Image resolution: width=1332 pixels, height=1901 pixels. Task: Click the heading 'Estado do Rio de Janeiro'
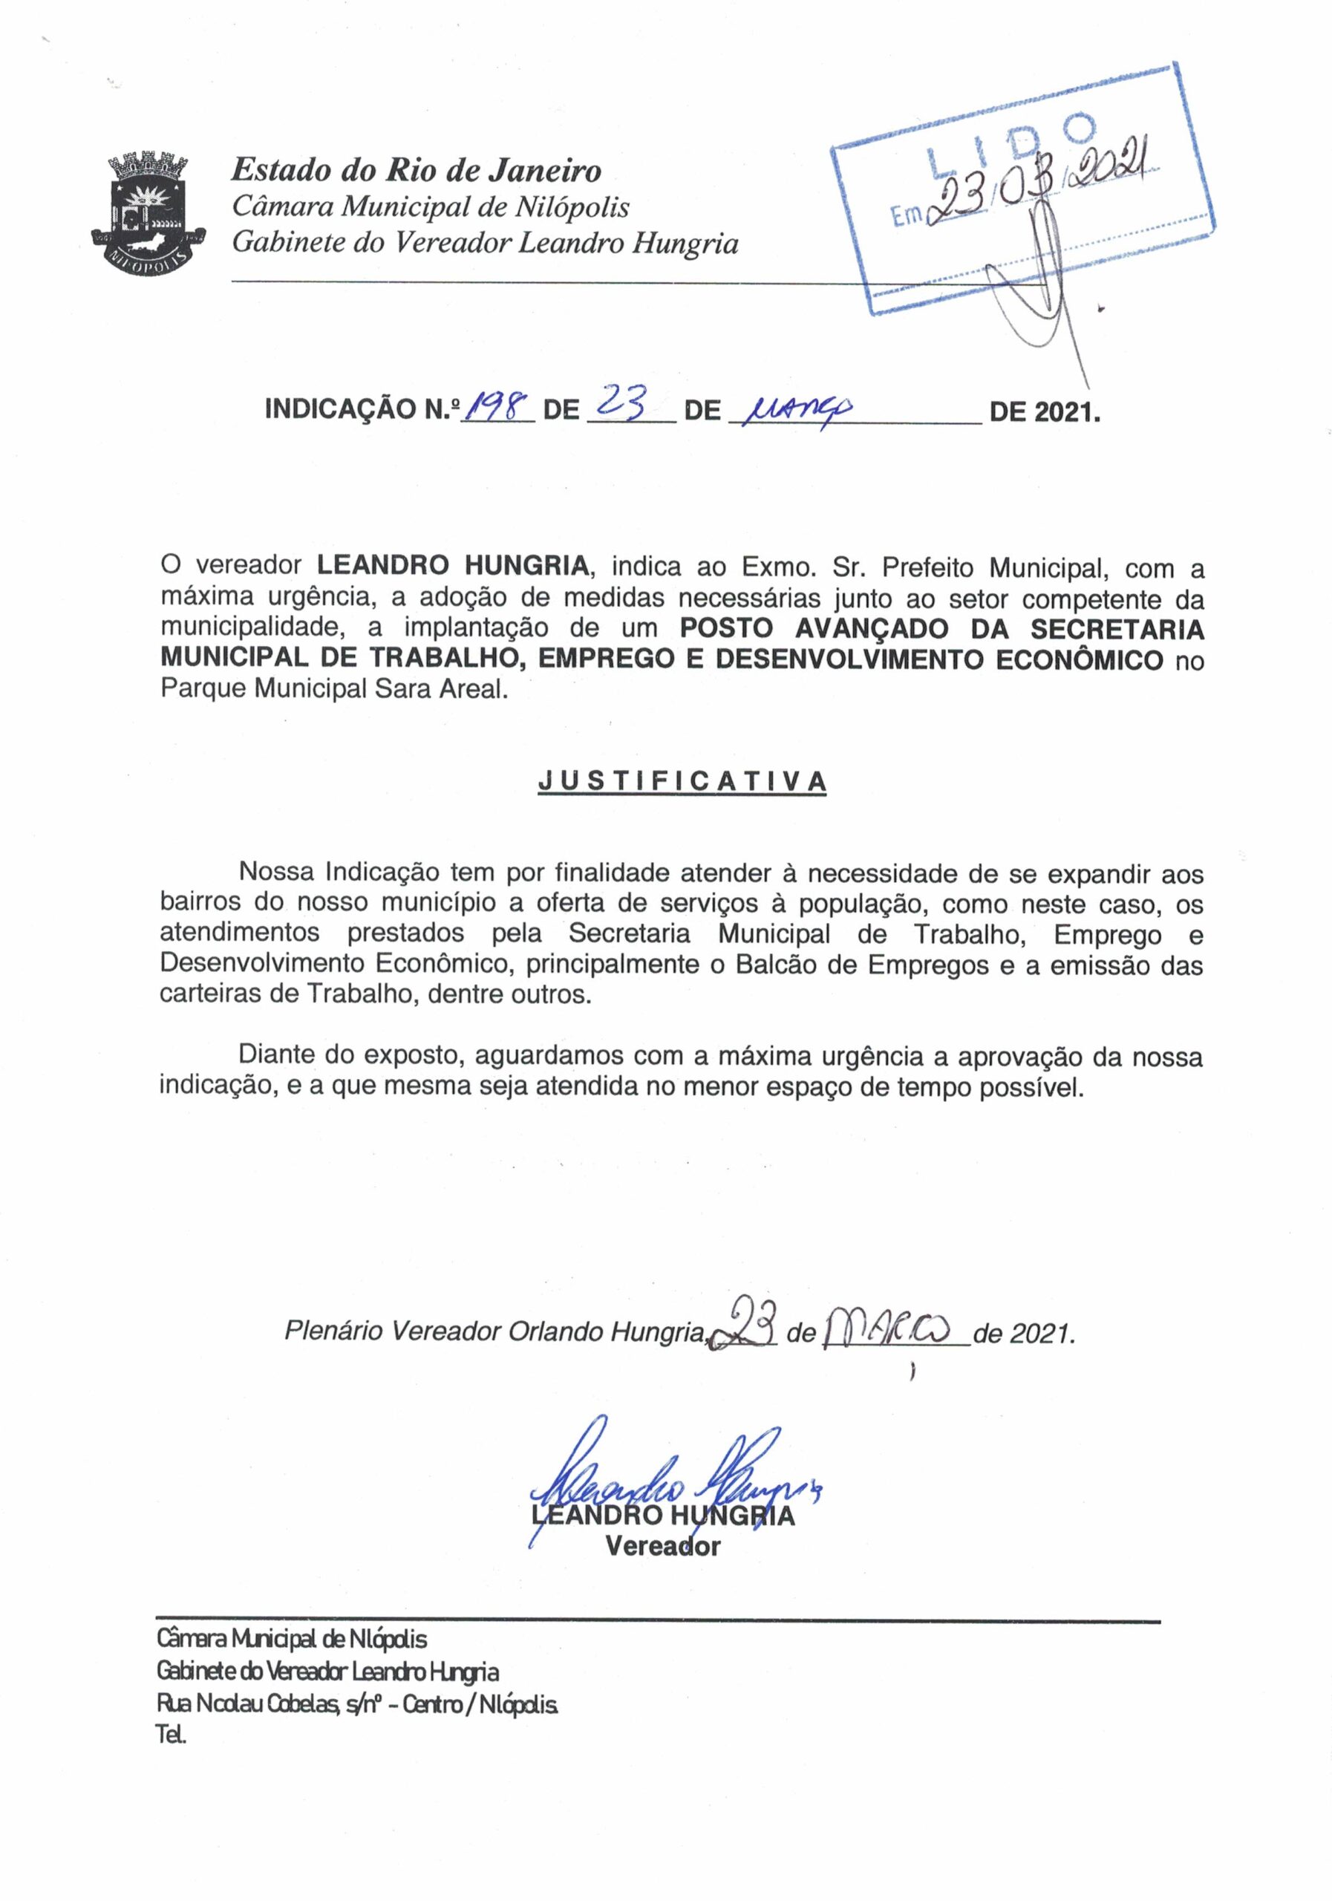[x=416, y=170]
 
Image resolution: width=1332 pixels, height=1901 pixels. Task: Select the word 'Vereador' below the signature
[x=662, y=1546]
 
